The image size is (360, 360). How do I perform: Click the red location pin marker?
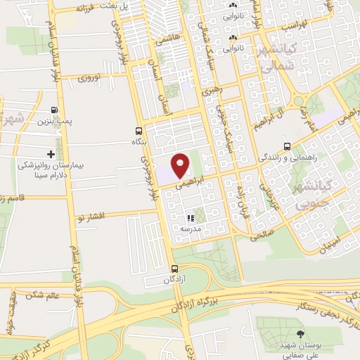(180, 165)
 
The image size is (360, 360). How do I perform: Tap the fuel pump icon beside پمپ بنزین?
(54, 110)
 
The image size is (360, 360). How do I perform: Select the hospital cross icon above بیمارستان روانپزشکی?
(50, 153)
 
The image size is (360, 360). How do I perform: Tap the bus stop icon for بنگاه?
(138, 131)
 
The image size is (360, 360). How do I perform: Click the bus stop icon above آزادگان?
(175, 268)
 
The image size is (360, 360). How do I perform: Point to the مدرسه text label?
(190, 229)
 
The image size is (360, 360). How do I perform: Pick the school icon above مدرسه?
(190, 219)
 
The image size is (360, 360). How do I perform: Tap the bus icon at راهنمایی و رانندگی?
(287, 147)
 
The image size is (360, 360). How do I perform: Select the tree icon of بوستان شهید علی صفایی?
(301, 334)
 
